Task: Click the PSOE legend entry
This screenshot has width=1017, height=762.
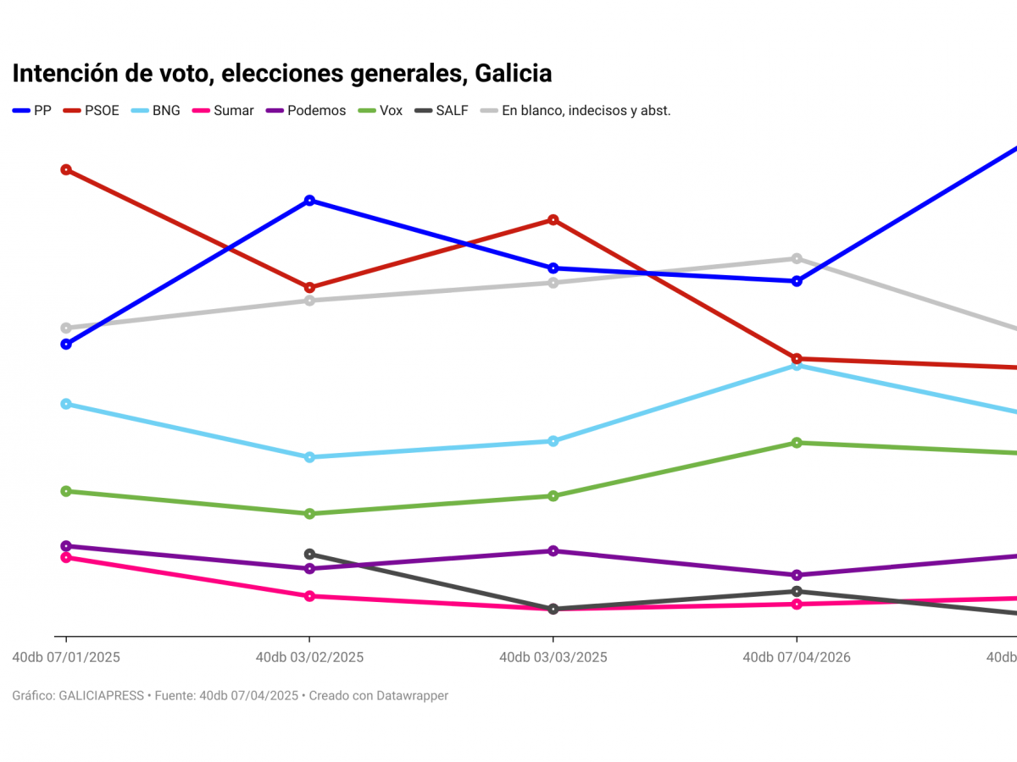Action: pos(101,110)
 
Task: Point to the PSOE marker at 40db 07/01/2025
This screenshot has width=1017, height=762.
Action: pos(66,169)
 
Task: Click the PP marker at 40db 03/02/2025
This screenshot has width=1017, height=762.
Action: pos(309,201)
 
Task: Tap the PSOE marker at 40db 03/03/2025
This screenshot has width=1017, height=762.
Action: pos(553,220)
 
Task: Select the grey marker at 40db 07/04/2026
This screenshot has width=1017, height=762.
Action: pos(797,258)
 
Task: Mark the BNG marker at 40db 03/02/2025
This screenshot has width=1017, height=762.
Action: pos(309,457)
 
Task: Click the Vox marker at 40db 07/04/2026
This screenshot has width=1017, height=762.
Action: pos(797,443)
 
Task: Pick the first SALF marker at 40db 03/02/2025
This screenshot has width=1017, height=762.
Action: pos(309,554)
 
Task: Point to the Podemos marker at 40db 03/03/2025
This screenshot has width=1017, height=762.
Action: pos(553,551)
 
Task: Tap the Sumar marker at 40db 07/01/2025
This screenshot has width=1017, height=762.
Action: pos(66,557)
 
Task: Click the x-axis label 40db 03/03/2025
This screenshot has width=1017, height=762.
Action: pos(553,658)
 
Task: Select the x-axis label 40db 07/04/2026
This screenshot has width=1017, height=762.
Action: pos(797,658)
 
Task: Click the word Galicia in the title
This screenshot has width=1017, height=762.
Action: pos(513,74)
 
